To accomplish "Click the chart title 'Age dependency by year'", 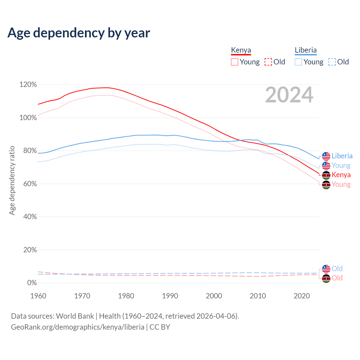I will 79,33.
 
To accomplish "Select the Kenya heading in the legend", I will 241,50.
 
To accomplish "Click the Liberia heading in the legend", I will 305,50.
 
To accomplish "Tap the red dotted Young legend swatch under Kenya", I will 234,62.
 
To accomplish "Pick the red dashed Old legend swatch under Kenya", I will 268,62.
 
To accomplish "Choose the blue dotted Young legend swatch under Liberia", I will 298,62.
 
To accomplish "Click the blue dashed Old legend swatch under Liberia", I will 332,62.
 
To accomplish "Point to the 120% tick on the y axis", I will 28,85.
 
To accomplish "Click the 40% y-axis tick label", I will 30,217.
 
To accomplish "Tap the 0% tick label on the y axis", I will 32,283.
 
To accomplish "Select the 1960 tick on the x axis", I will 38,296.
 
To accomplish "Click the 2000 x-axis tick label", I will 214,296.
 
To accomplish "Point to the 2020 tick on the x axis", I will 302,296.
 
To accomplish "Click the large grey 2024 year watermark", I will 289,95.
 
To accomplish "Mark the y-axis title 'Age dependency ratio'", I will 12,180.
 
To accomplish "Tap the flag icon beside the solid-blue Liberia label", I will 326,156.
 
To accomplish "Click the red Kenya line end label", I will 341,175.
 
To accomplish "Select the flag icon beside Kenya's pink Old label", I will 326,278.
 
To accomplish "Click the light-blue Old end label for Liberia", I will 337,269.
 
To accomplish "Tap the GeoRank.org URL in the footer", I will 78,327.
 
